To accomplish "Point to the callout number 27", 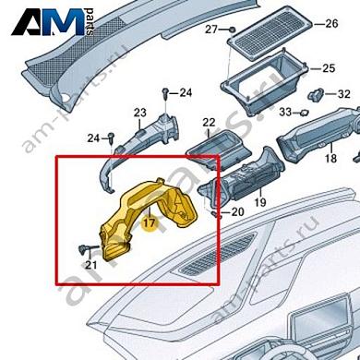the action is pos(210,30).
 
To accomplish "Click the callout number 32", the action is pos(342,94).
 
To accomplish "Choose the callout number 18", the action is pos(330,160).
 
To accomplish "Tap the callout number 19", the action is pos(260,201).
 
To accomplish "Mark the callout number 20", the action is pos(237,212).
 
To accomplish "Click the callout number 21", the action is pos(90,266).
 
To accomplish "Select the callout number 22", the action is pos(209,123).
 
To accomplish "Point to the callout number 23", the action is pos(140,114).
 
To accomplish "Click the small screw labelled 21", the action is pos(83,248).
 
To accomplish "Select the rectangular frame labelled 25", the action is pos(264,76).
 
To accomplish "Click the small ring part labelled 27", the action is pos(231,30).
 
